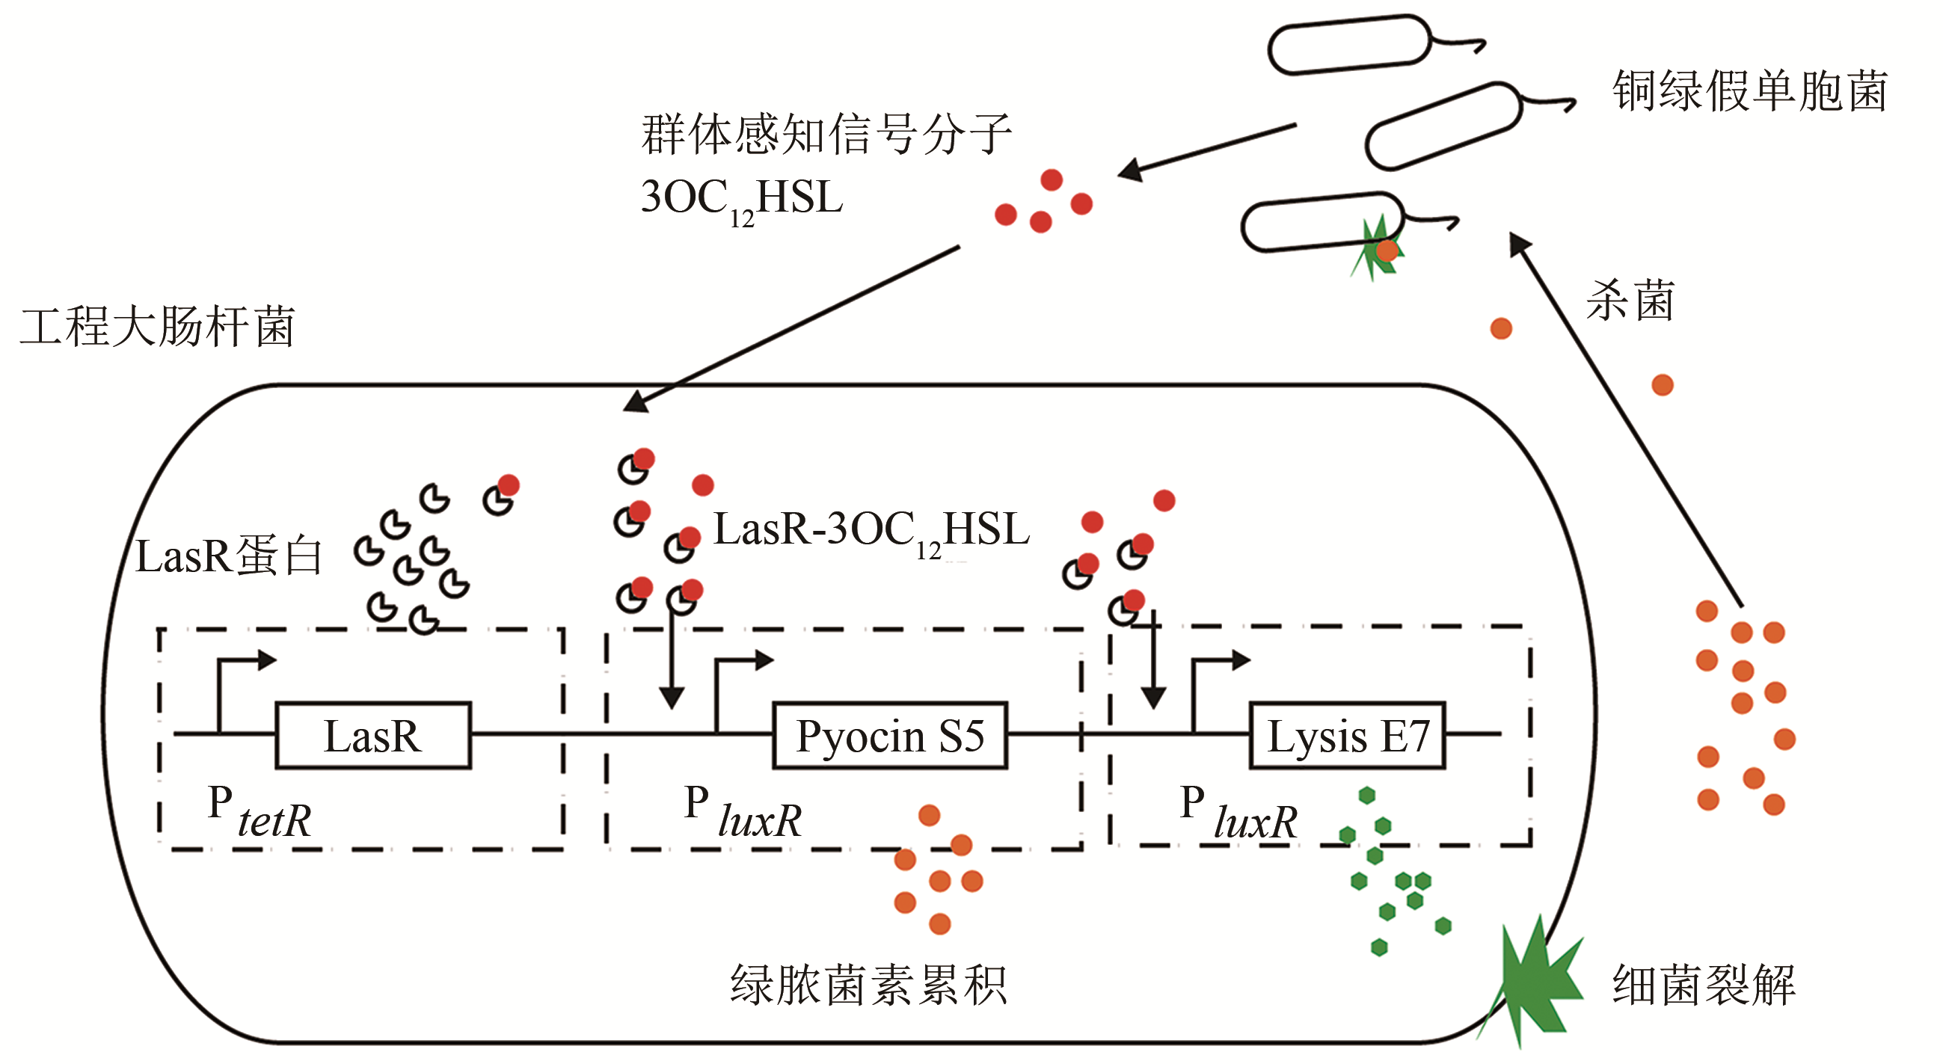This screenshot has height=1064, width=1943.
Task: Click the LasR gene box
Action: [372, 736]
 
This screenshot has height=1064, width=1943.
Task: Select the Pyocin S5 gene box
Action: [889, 736]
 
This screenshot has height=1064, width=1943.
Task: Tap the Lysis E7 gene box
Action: [1347, 736]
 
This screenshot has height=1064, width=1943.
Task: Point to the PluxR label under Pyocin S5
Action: [743, 813]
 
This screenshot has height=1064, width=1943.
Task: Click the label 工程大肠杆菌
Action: [157, 327]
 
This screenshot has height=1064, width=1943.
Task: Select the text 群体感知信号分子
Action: [826, 135]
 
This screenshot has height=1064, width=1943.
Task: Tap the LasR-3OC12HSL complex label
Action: [871, 531]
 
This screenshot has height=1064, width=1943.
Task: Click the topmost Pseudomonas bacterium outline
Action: [1348, 46]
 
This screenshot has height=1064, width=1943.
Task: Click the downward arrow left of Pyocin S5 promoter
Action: [672, 663]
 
